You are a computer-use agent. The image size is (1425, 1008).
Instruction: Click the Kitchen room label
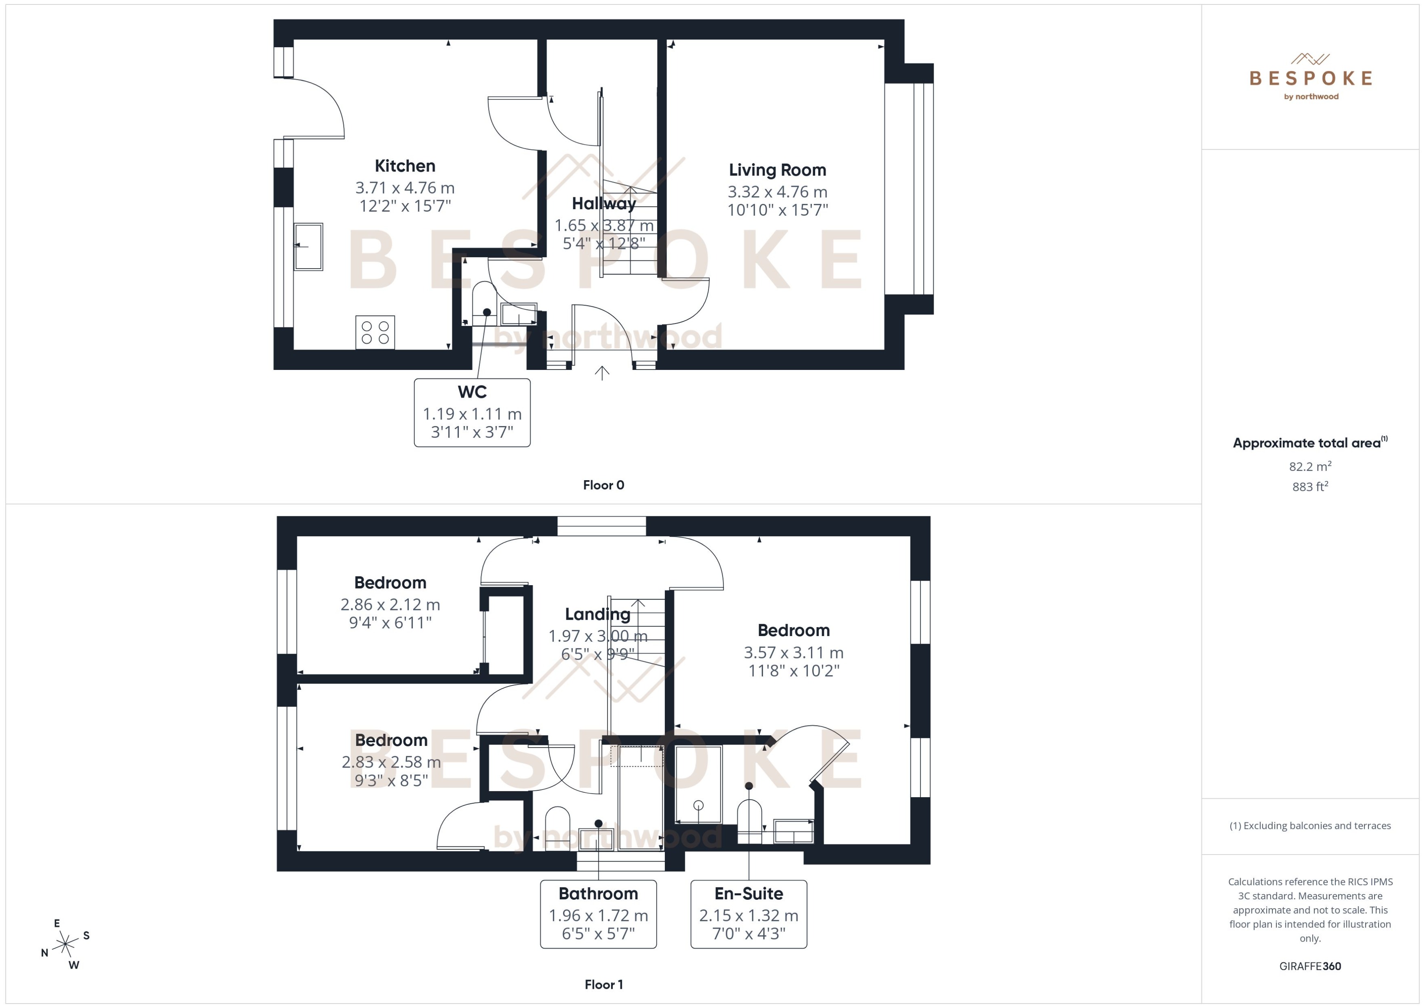pos(405,166)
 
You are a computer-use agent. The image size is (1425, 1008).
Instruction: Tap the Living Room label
pos(777,170)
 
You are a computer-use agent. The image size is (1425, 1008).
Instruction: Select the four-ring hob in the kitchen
pos(375,332)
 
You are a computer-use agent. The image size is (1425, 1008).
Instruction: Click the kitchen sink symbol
pos(308,247)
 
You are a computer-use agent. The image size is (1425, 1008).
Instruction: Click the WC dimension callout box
pos(472,413)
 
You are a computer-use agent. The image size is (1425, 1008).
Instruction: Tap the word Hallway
pos(603,203)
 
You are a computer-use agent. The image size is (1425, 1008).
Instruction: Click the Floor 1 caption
pos(603,984)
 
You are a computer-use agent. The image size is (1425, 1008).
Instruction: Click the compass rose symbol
pos(65,945)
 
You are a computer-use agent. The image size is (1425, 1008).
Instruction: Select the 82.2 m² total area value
pos(1309,466)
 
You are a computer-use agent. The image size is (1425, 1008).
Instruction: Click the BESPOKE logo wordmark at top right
pos(1310,78)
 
